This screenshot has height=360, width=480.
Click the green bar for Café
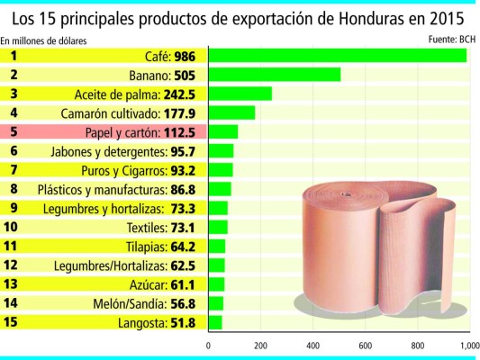[338, 56]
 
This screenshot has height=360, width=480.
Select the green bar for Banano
[275, 75]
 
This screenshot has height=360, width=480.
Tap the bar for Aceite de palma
[240, 94]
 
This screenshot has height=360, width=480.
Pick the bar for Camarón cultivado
[231, 112]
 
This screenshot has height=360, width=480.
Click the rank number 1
[14, 56]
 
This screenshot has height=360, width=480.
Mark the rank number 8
[14, 189]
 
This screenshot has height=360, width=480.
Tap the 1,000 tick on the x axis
[467, 345]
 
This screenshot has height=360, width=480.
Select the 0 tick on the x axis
[209, 345]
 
